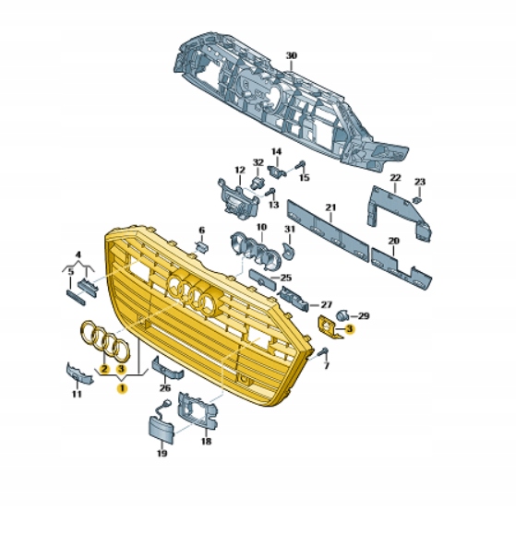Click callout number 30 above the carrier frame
[291, 56]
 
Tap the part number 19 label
[162, 455]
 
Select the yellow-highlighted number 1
[120, 389]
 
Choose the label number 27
[326, 303]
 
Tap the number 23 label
[419, 182]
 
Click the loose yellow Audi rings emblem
[103, 340]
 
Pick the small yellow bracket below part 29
[329, 326]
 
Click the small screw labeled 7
[323, 354]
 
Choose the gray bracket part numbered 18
[198, 410]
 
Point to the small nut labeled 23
[417, 197]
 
